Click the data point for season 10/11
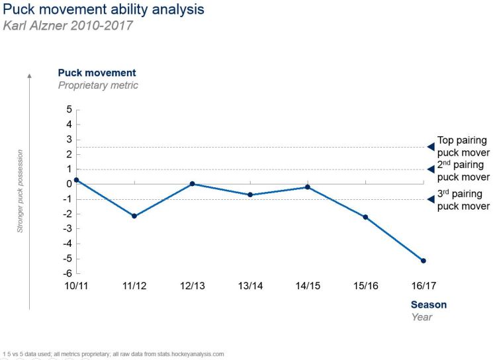click(x=77, y=180)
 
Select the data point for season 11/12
click(x=134, y=216)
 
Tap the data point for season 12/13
click(x=192, y=184)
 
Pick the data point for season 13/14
click(x=250, y=195)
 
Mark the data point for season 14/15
click(x=308, y=187)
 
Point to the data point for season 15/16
click(x=365, y=217)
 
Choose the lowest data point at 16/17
click(x=424, y=261)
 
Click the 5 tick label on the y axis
click(x=69, y=109)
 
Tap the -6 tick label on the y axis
click(x=67, y=273)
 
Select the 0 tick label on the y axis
click(x=69, y=184)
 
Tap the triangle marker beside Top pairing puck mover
click(x=431, y=147)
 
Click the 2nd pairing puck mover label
click(x=463, y=171)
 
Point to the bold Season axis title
click(x=429, y=305)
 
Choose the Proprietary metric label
click(x=98, y=85)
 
